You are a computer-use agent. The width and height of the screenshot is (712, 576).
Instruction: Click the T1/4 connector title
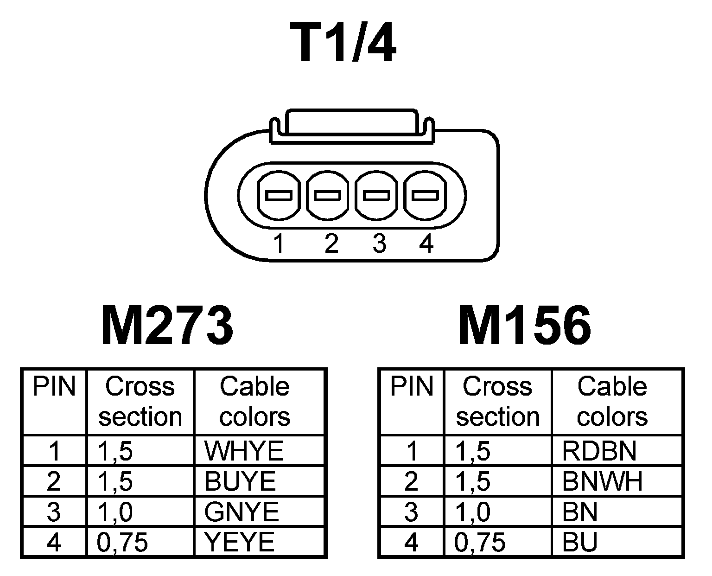pos(344,43)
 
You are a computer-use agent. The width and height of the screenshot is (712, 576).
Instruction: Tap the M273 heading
pos(167,326)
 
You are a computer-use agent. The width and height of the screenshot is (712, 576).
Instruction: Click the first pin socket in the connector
pos(279,195)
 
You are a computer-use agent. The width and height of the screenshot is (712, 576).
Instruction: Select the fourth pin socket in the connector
pos(426,195)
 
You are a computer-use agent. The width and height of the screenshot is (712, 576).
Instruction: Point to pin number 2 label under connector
pos(331,243)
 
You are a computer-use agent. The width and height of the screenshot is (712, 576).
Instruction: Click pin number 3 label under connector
pos(379,243)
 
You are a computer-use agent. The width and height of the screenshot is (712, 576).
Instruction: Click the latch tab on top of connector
pos(352,123)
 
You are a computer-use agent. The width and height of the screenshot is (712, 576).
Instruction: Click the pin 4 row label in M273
pos(54,542)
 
